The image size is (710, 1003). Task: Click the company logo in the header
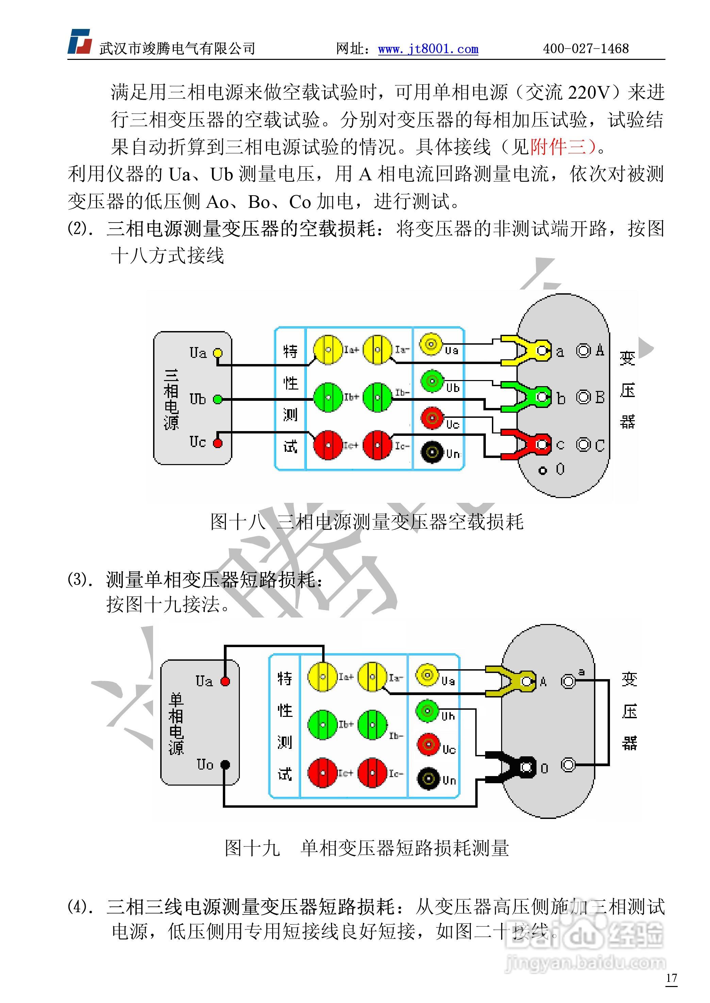(80, 42)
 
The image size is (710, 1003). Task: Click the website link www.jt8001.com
(428, 49)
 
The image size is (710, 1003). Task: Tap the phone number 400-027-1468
(586, 49)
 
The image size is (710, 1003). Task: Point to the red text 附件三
(558, 147)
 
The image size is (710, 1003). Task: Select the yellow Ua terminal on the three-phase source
(218, 353)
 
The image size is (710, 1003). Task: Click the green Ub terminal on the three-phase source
(218, 399)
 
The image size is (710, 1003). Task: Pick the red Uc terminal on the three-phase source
(218, 443)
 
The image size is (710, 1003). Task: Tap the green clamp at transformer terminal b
(525, 397)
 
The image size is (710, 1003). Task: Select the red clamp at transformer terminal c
(525, 445)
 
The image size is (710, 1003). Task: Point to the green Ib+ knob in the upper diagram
(328, 397)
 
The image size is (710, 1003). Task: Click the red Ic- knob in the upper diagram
(377, 445)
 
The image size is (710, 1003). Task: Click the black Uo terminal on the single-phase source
(225, 765)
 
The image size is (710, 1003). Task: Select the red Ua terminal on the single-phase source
(225, 681)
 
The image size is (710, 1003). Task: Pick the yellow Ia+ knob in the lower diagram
(322, 676)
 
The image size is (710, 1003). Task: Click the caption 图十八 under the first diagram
(237, 522)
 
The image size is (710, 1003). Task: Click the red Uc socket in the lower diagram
(428, 744)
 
